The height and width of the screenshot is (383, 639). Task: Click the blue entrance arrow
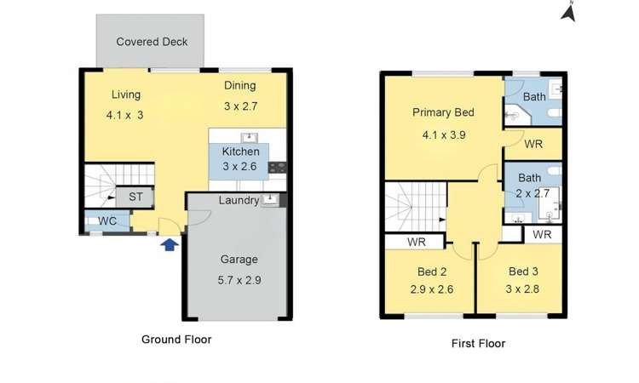170,245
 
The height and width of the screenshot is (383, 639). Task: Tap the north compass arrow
569,11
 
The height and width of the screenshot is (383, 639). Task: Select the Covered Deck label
152,42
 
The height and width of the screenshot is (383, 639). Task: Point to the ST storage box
135,197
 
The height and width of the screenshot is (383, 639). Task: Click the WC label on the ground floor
107,221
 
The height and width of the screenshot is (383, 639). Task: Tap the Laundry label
239,201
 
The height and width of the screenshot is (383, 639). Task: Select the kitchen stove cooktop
279,167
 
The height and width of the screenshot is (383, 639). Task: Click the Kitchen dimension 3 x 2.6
239,167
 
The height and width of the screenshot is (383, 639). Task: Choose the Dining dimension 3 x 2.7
240,106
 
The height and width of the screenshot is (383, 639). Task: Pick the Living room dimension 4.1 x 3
124,115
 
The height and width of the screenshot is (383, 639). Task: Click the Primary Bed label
443,112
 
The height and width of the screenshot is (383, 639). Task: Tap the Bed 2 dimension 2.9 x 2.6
433,290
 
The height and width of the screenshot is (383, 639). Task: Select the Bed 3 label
524,272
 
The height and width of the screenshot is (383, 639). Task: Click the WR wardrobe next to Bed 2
416,243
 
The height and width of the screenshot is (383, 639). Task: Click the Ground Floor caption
176,339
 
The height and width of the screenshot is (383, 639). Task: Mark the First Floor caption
477,344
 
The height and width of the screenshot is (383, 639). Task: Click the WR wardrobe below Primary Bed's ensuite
533,145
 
